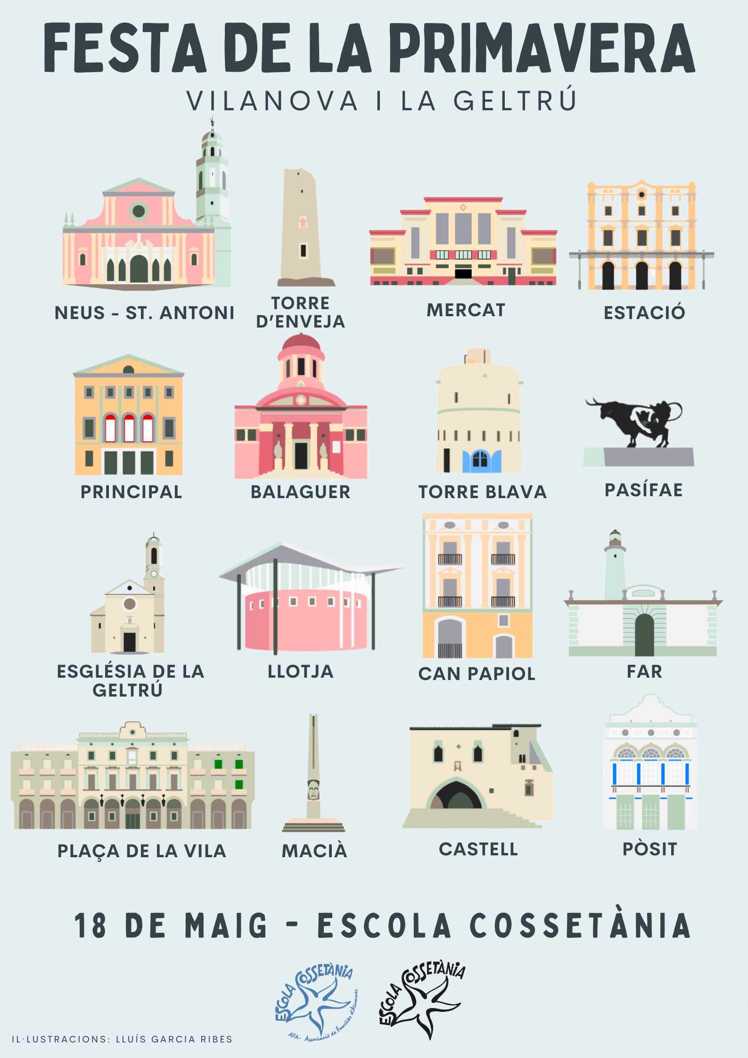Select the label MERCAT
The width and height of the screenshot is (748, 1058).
coord(466,310)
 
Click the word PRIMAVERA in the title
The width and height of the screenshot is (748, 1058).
coord(542,49)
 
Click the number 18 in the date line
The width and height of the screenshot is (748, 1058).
coord(90,925)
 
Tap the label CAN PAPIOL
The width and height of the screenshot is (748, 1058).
coord(477,673)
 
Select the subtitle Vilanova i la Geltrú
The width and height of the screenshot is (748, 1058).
coord(382,100)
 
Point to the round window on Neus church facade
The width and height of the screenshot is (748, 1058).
coord(139,211)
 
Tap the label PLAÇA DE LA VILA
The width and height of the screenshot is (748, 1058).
coord(141,851)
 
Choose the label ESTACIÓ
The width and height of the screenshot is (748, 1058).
coord(644,312)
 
